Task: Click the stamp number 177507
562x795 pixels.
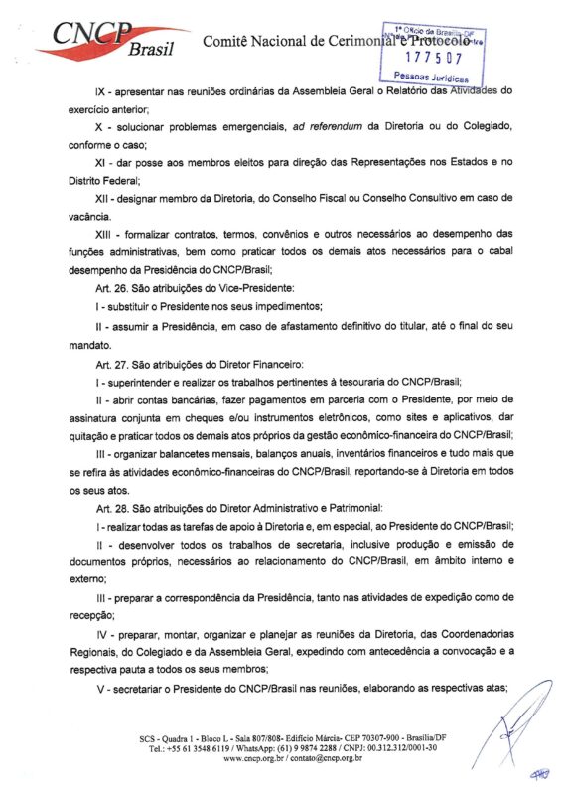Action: tap(427, 57)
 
